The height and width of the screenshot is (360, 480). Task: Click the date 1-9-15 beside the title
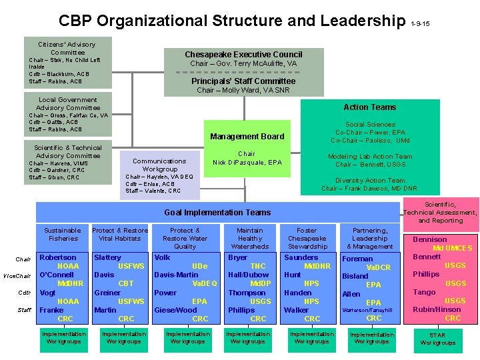pyautogui.click(x=421, y=24)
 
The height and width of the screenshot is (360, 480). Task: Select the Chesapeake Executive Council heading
pyautogui.click(x=243, y=54)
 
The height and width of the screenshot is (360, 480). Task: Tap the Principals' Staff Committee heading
pyautogui.click(x=243, y=81)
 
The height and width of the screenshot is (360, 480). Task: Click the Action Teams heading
pyautogui.click(x=369, y=107)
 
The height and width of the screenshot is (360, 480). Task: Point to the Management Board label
pyautogui.click(x=247, y=137)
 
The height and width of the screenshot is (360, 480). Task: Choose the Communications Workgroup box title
pyautogui.click(x=159, y=165)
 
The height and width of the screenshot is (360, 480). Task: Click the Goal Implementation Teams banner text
pyautogui.click(x=217, y=212)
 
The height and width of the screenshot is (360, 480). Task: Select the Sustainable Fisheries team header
pyautogui.click(x=62, y=234)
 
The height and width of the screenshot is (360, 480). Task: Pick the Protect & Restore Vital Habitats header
pyautogui.click(x=120, y=234)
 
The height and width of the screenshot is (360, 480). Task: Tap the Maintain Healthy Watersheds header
pyautogui.click(x=250, y=238)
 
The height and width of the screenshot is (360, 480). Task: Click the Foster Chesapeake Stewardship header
pyautogui.click(x=307, y=238)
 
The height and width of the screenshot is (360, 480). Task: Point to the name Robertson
pyautogui.click(x=58, y=257)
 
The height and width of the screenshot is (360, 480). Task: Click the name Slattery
pyautogui.click(x=108, y=257)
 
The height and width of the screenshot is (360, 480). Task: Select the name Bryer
pyautogui.click(x=238, y=257)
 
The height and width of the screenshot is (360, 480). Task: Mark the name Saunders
pyautogui.click(x=301, y=257)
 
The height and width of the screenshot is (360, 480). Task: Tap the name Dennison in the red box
pyautogui.click(x=430, y=239)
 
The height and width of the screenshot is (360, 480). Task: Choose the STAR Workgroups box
pyautogui.click(x=437, y=339)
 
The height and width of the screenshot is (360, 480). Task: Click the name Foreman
pyautogui.click(x=357, y=259)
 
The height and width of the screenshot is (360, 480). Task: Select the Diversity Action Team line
pyautogui.click(x=369, y=181)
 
